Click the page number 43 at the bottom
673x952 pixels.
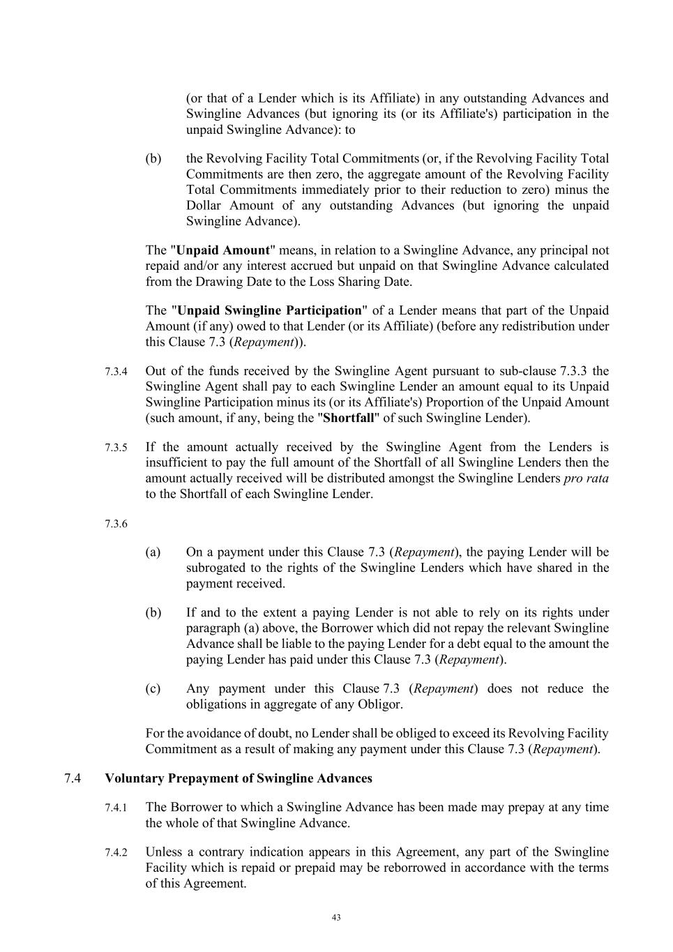click(x=336, y=918)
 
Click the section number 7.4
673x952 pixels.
click(x=73, y=778)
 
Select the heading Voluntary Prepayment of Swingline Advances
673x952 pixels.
click(x=238, y=778)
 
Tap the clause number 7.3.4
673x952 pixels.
click(x=116, y=372)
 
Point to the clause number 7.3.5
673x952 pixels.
click(x=116, y=448)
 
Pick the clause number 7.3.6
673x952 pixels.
click(x=116, y=524)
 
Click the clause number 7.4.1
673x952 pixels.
click(x=116, y=808)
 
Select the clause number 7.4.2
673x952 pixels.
click(x=116, y=853)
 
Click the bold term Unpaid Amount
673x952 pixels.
click(x=223, y=250)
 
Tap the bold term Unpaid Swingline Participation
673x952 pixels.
click(x=269, y=310)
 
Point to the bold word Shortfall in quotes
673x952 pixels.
click(x=349, y=418)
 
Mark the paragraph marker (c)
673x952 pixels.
click(x=153, y=688)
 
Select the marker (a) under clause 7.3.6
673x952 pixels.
click(x=153, y=552)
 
